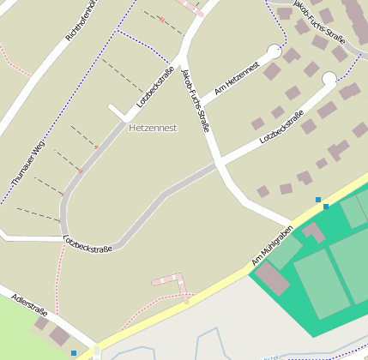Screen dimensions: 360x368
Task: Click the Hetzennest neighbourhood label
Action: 153,128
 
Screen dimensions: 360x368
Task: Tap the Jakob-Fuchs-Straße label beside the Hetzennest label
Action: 196,99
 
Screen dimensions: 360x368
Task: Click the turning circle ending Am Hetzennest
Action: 274,51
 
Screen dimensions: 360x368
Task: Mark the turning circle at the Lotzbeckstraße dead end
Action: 329,80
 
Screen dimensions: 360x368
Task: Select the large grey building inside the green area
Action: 273,279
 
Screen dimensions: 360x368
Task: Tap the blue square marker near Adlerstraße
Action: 74,352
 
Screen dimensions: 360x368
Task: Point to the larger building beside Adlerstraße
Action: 60,334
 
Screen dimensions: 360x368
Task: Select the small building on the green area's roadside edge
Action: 313,231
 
